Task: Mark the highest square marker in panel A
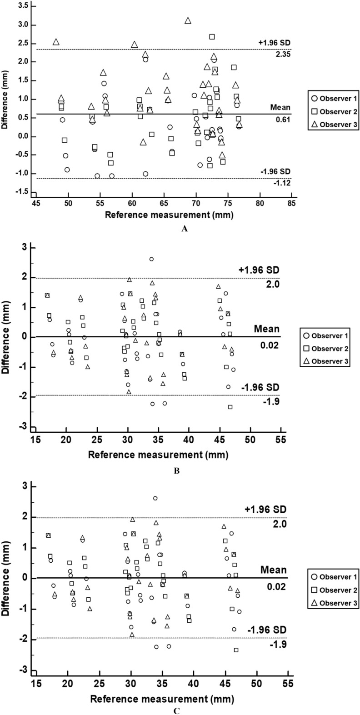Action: (212, 37)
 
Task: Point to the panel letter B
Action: (177, 471)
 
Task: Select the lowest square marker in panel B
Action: (230, 407)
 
